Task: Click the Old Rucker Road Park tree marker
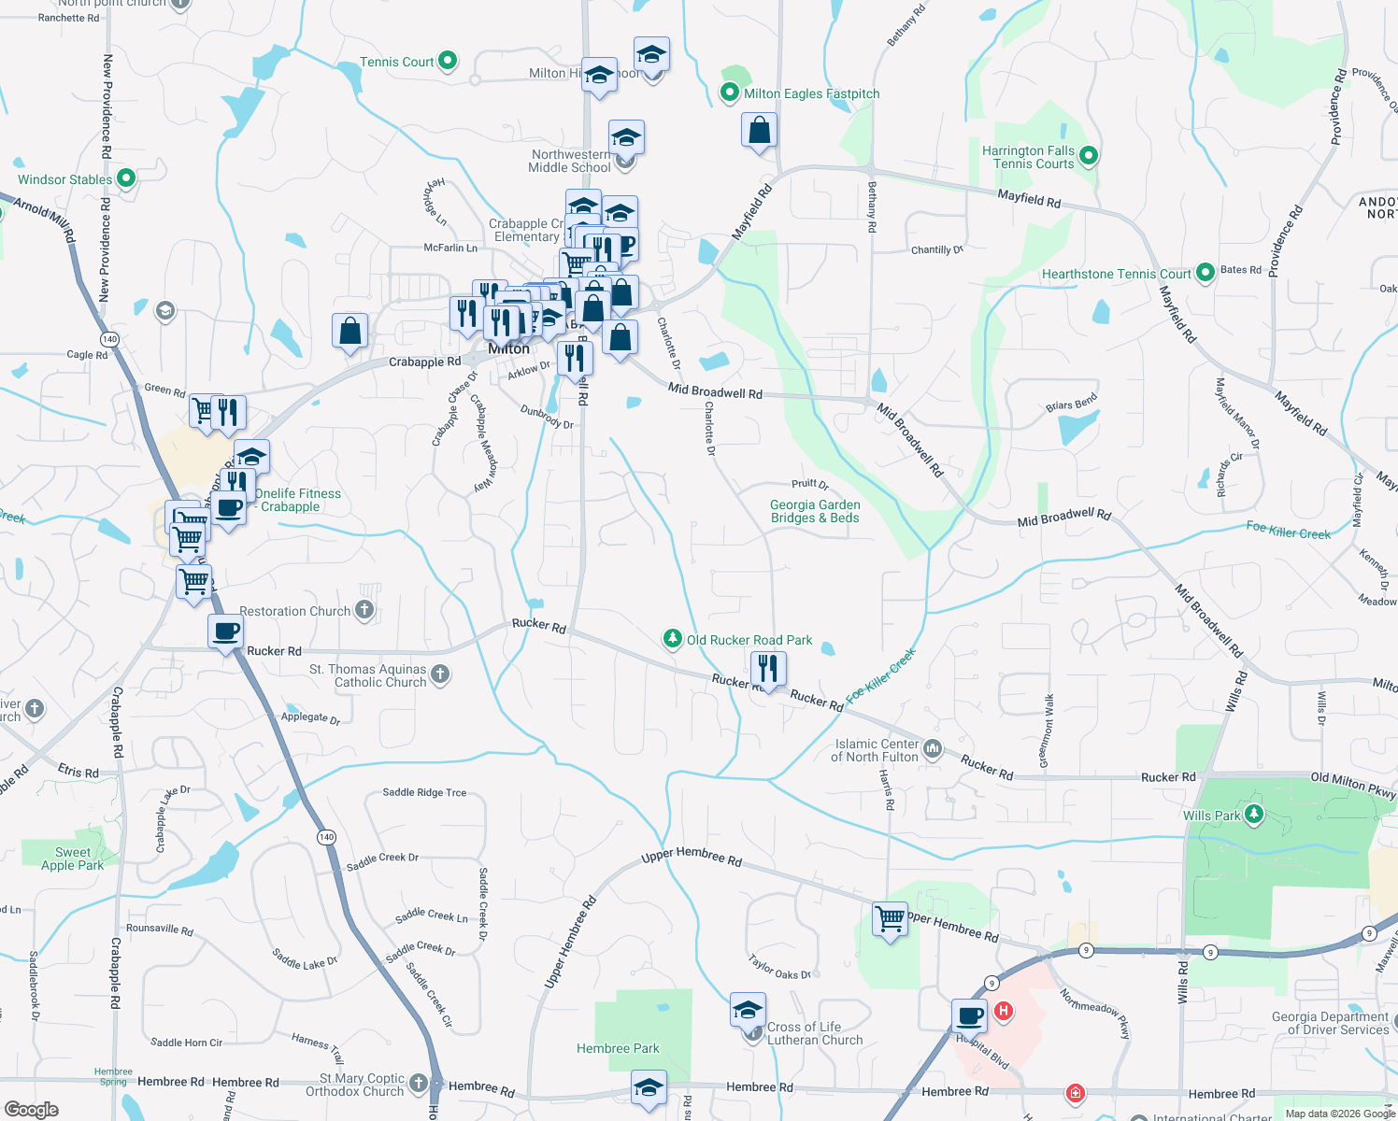pyautogui.click(x=672, y=639)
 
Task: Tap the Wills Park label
pyautogui.click(x=1211, y=816)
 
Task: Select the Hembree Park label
pyautogui.click(x=618, y=1048)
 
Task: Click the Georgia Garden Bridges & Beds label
pyautogui.click(x=815, y=511)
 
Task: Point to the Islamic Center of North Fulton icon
pyautogui.click(x=933, y=748)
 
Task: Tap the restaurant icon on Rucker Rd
pyautogui.click(x=768, y=669)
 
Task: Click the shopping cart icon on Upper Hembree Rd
pyautogui.click(x=890, y=918)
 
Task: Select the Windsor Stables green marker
pyautogui.click(x=126, y=177)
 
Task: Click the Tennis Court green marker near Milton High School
pyautogui.click(x=448, y=62)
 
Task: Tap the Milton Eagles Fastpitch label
pyautogui.click(x=811, y=93)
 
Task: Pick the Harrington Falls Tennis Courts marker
pyautogui.click(x=1089, y=156)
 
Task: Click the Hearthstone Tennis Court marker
pyautogui.click(x=1205, y=273)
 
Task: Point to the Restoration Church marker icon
pyautogui.click(x=364, y=611)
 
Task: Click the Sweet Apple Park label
pyautogui.click(x=73, y=858)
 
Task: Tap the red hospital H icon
pyautogui.click(x=1004, y=1011)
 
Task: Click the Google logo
pyautogui.click(x=31, y=1109)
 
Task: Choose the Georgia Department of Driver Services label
pyautogui.click(x=1330, y=1023)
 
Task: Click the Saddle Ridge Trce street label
pyautogui.click(x=424, y=792)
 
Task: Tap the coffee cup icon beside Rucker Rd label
pyautogui.click(x=225, y=632)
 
